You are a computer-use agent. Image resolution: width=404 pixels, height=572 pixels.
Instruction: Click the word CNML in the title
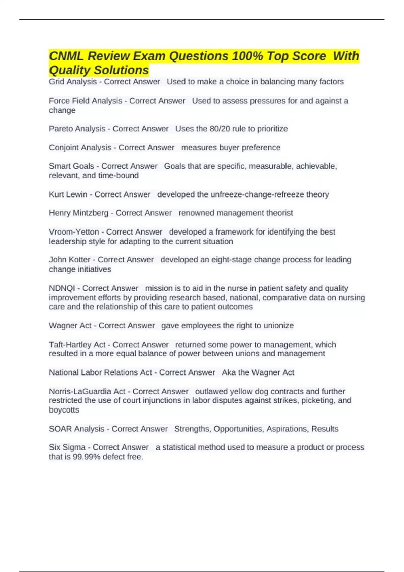point(66,56)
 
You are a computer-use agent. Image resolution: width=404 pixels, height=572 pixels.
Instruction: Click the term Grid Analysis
point(73,82)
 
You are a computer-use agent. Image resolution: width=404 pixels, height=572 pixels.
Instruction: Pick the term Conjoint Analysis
point(80,148)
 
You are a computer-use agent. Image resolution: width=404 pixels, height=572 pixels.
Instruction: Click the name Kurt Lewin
point(68,194)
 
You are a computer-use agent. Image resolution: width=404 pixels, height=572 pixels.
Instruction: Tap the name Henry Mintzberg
point(79,213)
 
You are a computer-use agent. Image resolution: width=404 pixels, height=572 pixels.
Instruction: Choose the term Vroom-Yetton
point(74,232)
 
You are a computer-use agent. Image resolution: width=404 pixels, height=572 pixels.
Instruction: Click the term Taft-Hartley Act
point(77,345)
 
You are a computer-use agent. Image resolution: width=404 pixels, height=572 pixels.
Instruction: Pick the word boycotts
point(64,410)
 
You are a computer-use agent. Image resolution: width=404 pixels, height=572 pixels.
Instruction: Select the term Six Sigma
point(67,447)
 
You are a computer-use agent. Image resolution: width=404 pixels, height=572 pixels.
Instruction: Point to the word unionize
point(278,326)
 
